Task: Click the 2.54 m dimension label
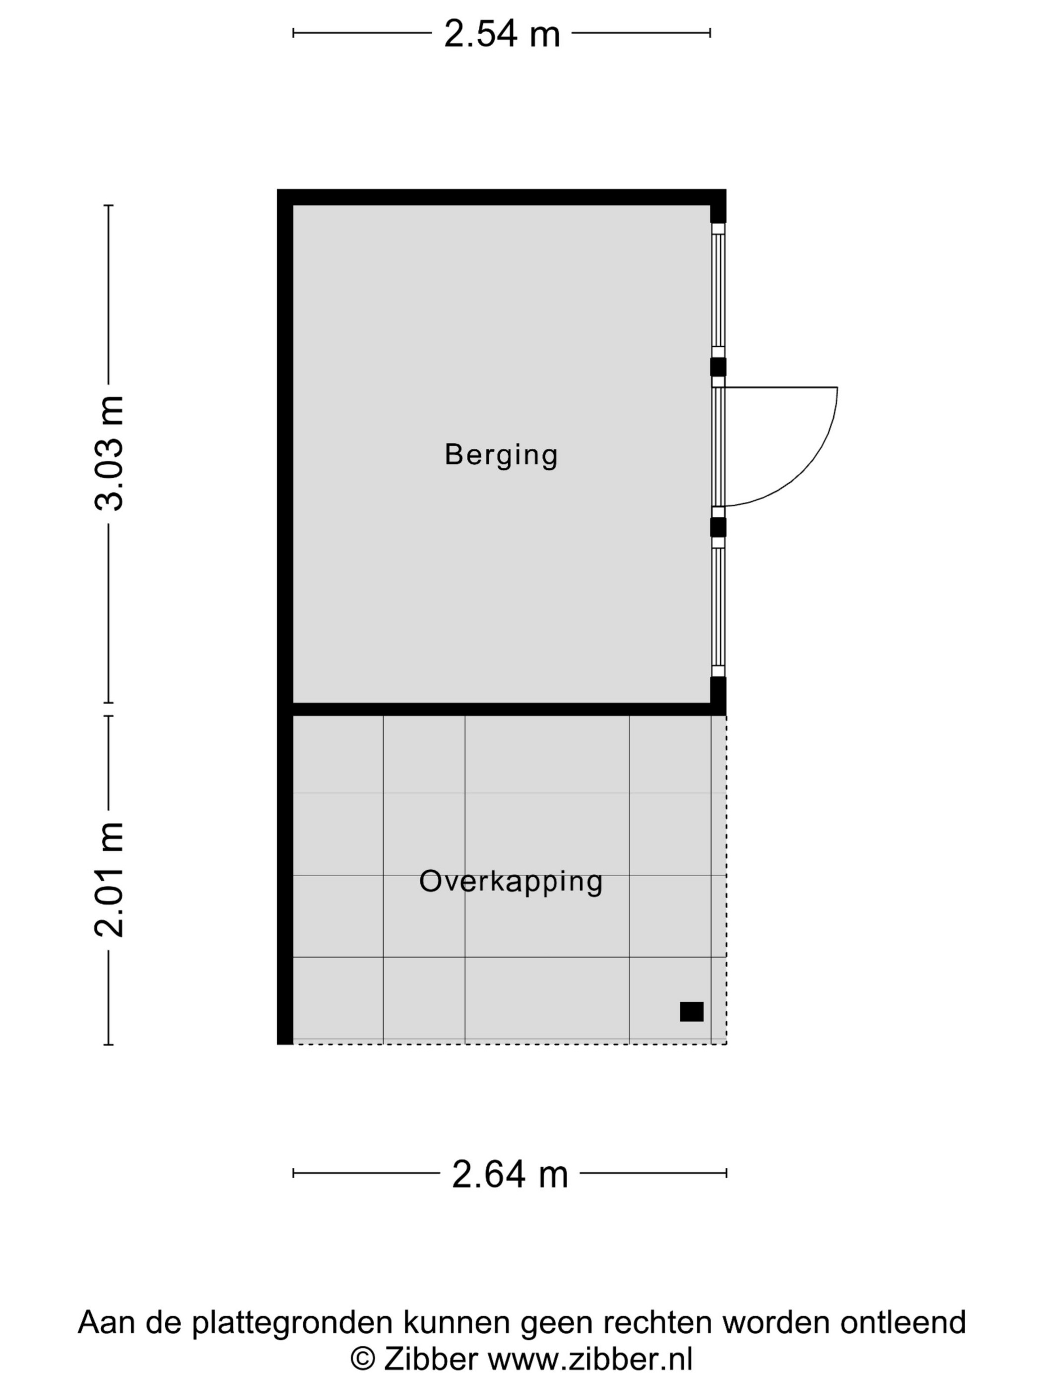pyautogui.click(x=501, y=34)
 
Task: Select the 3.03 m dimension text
pyautogui.click(x=109, y=453)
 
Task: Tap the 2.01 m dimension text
pyautogui.click(x=109, y=879)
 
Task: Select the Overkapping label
pyautogui.click(x=511, y=882)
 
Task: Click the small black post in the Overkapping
pyautogui.click(x=692, y=1011)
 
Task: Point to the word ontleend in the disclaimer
pyautogui.click(x=903, y=1323)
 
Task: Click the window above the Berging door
pyautogui.click(x=718, y=290)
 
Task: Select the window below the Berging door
pyautogui.click(x=718, y=607)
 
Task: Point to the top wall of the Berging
pyautogui.click(x=501, y=197)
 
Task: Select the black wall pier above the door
pyautogui.click(x=718, y=367)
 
